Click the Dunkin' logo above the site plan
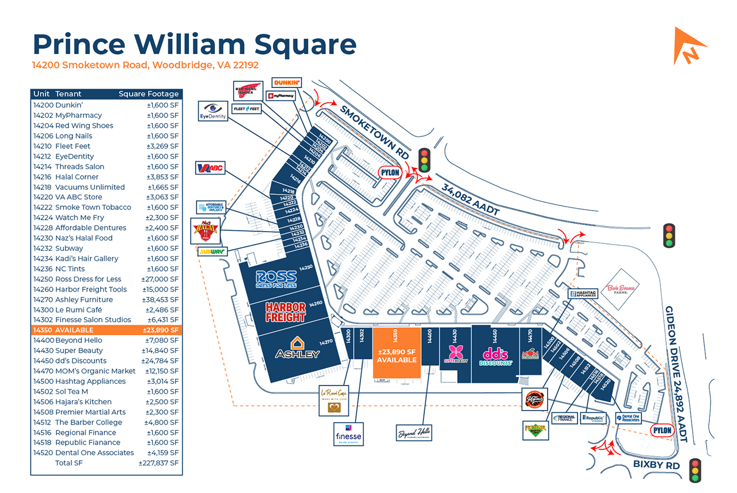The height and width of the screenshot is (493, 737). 286,83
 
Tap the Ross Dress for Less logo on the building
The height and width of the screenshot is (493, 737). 276,279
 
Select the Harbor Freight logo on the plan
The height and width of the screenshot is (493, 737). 285,312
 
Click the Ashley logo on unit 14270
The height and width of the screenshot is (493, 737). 297,348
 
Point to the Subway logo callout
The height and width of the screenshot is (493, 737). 211,251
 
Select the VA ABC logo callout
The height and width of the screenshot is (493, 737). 211,169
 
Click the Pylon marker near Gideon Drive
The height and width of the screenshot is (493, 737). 662,430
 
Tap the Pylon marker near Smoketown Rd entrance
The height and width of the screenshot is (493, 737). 389,173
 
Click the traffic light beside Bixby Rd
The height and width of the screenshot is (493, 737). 695,470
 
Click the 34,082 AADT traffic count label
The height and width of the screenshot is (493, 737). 470,200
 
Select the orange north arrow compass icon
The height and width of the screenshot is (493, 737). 689,45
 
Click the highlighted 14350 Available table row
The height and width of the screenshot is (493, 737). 106,330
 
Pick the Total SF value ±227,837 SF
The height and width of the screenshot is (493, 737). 158,463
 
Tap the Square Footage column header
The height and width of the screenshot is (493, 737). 149,94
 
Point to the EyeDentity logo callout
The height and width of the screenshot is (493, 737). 213,110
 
